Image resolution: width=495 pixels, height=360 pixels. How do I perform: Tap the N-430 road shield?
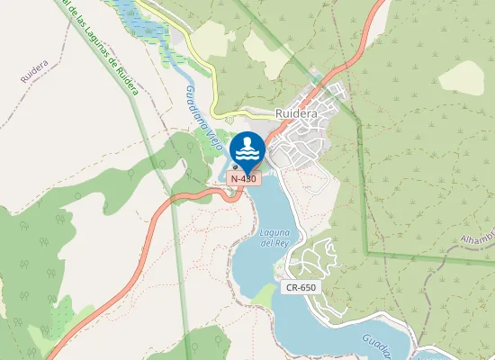point(243,179)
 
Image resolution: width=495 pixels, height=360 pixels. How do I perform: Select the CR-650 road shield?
point(301,288)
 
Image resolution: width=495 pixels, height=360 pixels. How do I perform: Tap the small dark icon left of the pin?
point(235,166)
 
